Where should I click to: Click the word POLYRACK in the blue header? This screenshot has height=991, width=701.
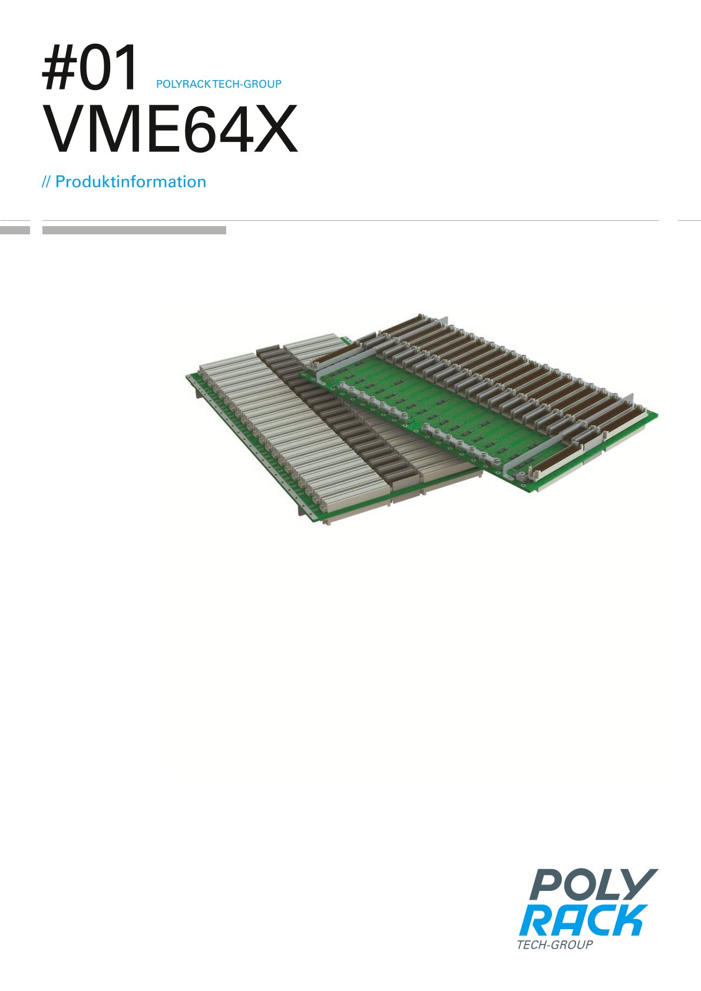183,84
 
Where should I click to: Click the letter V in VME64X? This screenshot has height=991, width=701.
66,130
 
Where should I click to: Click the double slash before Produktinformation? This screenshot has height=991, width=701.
47,182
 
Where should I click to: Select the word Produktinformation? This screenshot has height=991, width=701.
131,182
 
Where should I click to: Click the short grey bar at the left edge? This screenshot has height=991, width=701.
15,230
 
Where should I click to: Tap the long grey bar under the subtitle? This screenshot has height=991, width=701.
134,230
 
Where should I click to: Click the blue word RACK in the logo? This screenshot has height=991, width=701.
583,921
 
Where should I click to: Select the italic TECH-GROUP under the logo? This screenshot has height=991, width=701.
554,945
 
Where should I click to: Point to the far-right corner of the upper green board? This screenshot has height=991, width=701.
656,415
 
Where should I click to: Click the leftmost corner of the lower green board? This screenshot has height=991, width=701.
187,375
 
